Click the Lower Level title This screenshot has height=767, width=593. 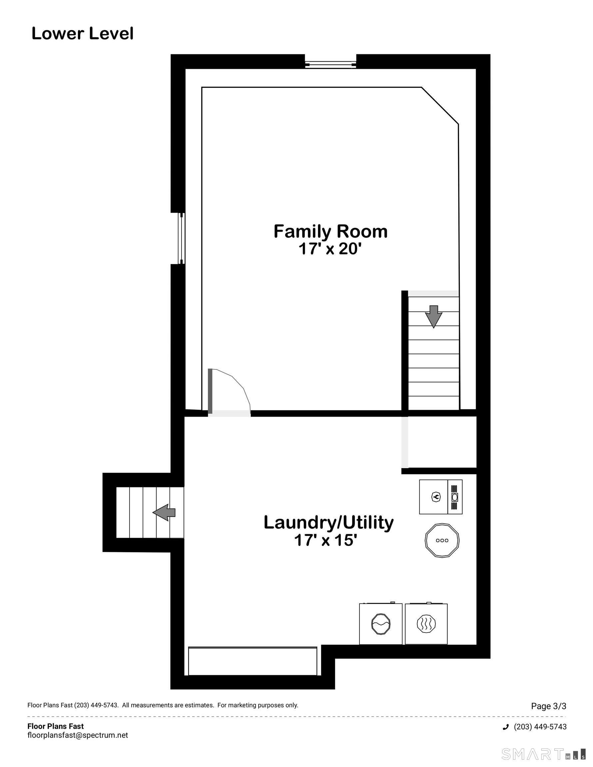point(83,34)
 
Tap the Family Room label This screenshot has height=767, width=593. point(330,231)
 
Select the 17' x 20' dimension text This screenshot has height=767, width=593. point(330,249)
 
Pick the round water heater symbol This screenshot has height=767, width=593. point(442,540)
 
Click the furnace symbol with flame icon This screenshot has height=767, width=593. point(436,497)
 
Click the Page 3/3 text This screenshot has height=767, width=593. point(548,706)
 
